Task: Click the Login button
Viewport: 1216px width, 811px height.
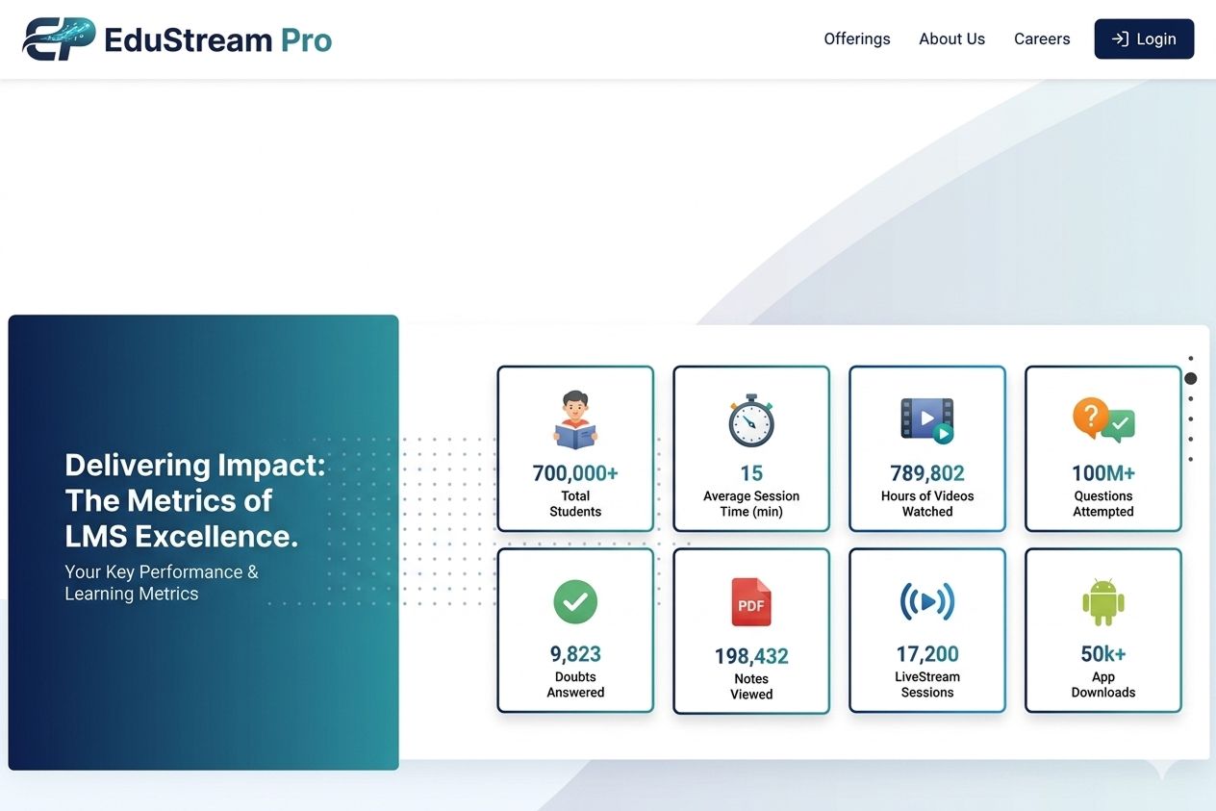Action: (1144, 39)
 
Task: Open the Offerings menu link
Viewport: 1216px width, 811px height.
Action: (856, 39)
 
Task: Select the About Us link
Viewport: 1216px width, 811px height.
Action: (951, 39)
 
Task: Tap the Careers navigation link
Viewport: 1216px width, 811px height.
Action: (1042, 39)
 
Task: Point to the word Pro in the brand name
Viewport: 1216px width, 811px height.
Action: (306, 40)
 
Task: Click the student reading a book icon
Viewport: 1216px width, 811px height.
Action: (575, 419)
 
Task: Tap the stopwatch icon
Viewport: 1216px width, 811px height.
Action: (751, 420)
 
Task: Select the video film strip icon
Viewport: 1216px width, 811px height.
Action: (926, 419)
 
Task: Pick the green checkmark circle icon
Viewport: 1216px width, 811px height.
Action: (575, 602)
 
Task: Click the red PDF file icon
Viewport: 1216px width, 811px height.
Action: (751, 603)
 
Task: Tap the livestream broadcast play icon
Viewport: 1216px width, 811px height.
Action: (927, 602)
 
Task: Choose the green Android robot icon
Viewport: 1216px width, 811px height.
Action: (1103, 603)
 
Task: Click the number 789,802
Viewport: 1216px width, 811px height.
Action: (927, 473)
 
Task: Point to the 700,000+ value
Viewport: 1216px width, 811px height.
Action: (575, 473)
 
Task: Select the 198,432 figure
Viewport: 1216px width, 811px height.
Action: (751, 657)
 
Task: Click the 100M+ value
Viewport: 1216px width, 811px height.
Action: (1103, 473)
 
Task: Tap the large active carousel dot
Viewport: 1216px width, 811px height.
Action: (1190, 379)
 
